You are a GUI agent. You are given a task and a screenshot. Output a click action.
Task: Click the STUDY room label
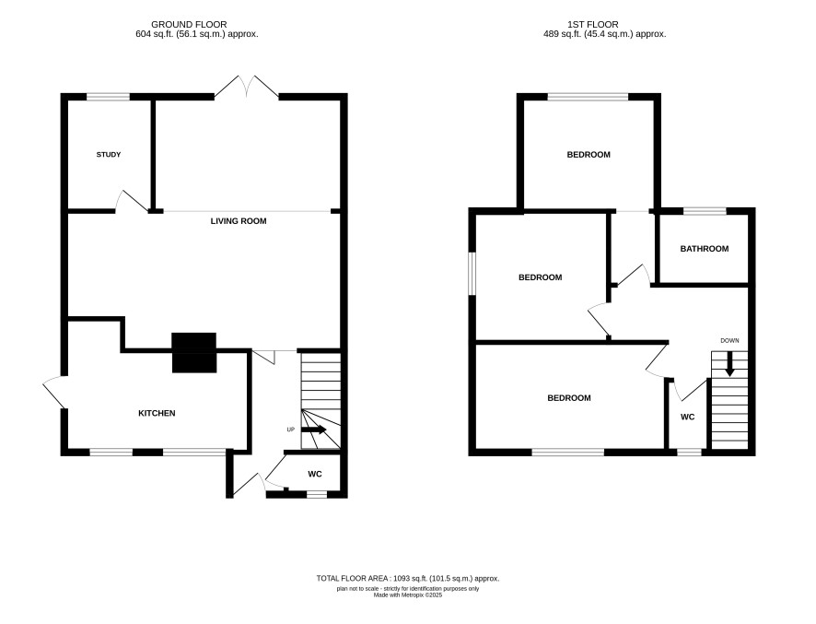109,154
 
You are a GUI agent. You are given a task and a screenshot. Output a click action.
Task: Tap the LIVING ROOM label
239,221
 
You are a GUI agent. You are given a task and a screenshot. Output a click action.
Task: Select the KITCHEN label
157,413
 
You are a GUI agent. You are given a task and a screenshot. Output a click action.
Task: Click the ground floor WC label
315,474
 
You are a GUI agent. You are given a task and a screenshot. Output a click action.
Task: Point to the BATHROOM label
705,249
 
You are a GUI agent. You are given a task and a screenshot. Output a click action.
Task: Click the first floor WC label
688,417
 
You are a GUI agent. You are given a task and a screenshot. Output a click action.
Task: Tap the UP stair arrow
314,430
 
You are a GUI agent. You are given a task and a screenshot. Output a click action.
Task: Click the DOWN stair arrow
729,364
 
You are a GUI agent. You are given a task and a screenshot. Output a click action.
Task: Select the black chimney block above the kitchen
194,353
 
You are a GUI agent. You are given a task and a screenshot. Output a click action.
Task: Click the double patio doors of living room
247,87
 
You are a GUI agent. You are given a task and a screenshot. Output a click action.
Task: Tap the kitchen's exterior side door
54,392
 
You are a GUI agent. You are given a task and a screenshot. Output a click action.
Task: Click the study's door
133,201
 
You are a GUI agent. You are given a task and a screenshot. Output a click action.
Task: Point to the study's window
109,97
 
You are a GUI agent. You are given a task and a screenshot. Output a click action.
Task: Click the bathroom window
705,210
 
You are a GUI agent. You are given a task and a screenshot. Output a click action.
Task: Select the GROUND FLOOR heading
189,24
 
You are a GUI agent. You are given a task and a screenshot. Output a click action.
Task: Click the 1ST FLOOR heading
593,24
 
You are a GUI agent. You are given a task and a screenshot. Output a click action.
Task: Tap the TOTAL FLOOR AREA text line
408,578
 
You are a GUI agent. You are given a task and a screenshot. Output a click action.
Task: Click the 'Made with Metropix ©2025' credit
408,595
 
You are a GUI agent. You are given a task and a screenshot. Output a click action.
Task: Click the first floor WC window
689,453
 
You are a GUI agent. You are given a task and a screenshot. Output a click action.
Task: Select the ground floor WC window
317,494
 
